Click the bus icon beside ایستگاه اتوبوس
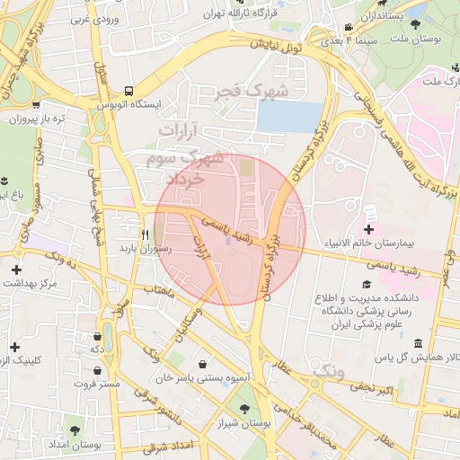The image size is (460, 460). (x=128, y=91)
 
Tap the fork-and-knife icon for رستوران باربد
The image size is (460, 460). (x=144, y=230)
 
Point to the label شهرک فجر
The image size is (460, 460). (x=254, y=92)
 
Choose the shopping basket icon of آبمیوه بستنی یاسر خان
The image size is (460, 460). (x=202, y=365)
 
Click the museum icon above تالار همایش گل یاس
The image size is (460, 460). (x=418, y=344)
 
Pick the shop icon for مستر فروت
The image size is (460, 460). (x=96, y=368)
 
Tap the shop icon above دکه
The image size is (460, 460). (x=95, y=332)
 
